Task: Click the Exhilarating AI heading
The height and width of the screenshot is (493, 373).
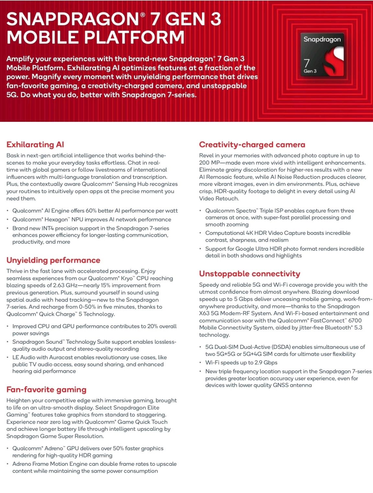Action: pos(35,144)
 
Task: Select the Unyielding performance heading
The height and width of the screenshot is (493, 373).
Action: pos(53,260)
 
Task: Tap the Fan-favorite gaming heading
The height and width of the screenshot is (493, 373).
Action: pos(46,389)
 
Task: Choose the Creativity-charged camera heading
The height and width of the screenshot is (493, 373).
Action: pos(252,144)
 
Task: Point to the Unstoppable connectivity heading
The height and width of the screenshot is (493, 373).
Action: pos(249,274)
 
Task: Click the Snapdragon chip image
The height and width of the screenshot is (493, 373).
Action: pos(322,55)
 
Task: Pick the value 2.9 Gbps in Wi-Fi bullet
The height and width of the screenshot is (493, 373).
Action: pos(266,362)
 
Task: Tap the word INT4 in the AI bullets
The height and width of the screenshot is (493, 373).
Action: pos(48,228)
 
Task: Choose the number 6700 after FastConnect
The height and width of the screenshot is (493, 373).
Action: pos(355,320)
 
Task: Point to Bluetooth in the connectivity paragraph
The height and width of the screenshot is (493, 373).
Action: pos(337,327)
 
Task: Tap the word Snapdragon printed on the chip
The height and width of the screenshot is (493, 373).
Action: pos(322,40)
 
